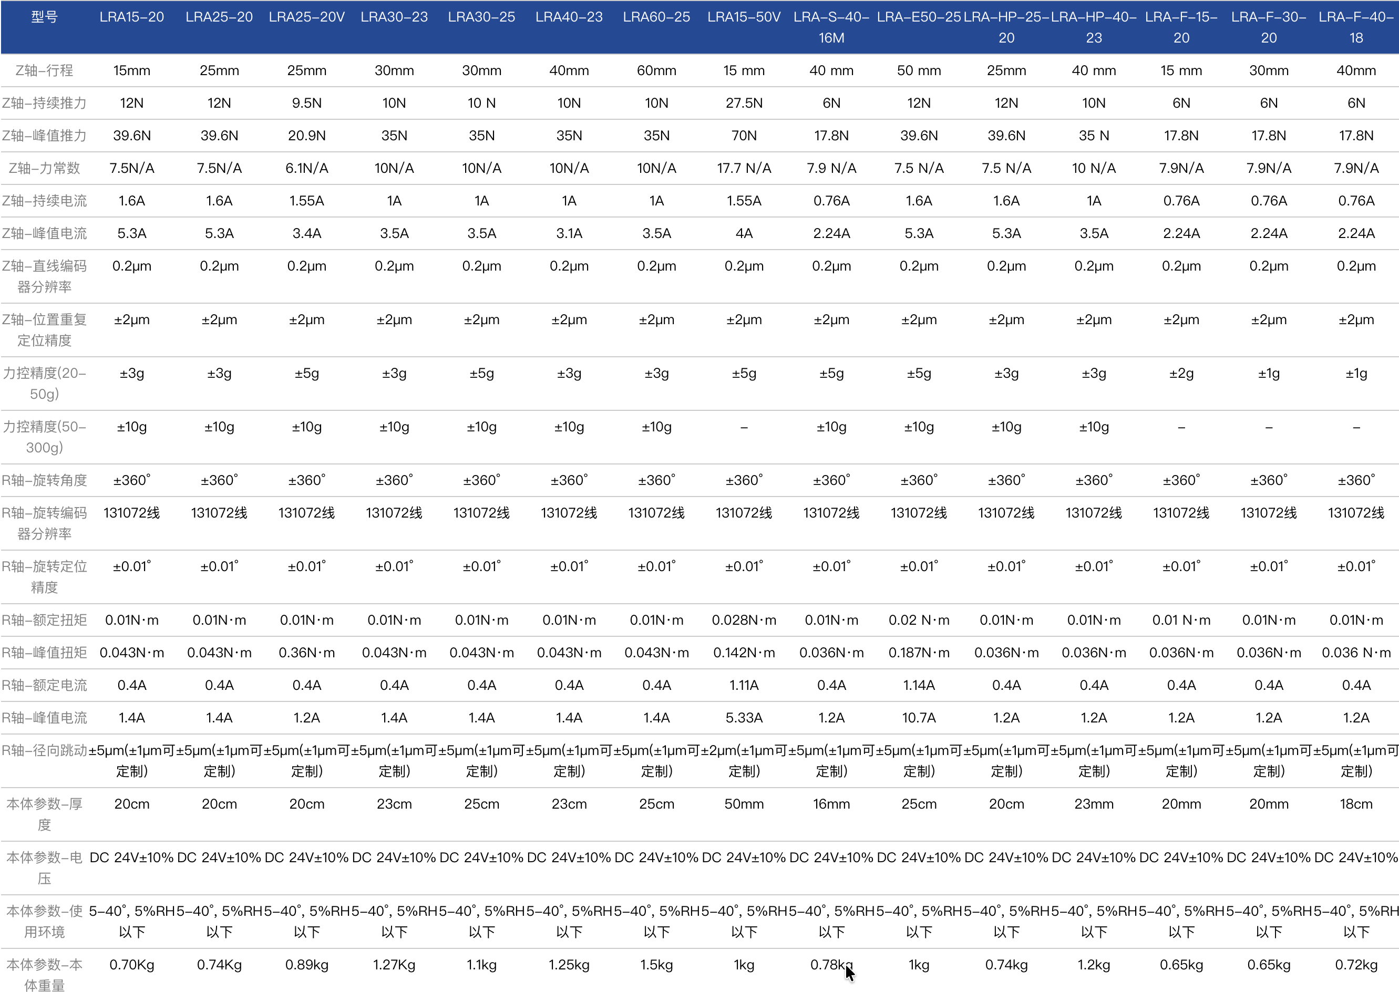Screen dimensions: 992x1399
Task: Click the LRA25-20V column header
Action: click(x=307, y=17)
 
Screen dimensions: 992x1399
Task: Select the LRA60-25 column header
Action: click(x=656, y=17)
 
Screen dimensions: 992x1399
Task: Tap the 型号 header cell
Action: click(x=44, y=17)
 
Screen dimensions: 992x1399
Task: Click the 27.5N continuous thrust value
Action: click(x=744, y=102)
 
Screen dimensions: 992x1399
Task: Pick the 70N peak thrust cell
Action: click(x=744, y=136)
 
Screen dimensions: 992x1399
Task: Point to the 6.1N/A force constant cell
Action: click(x=307, y=168)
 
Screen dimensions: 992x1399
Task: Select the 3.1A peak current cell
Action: click(x=569, y=233)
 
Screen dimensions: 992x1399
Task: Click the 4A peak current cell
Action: click(x=744, y=233)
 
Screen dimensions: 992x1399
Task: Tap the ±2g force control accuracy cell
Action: click(x=1181, y=373)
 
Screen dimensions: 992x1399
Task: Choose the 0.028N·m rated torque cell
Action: click(x=744, y=620)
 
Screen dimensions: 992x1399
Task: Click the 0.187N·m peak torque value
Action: click(x=919, y=653)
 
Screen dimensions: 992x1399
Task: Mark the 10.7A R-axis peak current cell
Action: click(x=919, y=718)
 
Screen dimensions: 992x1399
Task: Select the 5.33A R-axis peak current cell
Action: click(x=744, y=718)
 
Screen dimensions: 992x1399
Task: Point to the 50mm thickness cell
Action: click(x=744, y=804)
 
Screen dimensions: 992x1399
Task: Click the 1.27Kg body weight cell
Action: click(x=394, y=965)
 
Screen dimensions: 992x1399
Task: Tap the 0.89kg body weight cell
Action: click(x=307, y=965)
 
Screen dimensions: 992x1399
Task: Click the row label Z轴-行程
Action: click(x=44, y=70)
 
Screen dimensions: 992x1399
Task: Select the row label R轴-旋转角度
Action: click(x=44, y=480)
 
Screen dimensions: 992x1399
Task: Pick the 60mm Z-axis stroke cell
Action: click(x=656, y=70)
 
